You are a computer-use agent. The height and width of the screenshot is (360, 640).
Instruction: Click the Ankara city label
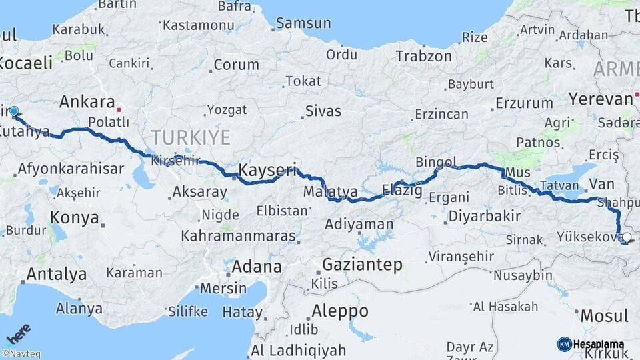coord(87,102)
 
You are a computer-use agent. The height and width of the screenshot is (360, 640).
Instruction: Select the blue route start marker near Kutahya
coord(14,111)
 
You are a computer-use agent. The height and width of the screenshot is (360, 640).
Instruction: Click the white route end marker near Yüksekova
coord(626,237)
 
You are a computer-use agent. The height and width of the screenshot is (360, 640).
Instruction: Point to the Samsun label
coord(303,23)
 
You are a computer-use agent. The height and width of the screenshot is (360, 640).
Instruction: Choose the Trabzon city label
coord(423,56)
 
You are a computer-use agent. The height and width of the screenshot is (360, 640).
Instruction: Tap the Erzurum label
coord(524,103)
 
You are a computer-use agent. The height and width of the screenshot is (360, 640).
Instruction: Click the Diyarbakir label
coord(484,216)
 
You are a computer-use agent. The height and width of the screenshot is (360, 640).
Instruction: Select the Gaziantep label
coord(362,265)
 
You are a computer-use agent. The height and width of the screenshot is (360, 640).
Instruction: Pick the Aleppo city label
coord(339,311)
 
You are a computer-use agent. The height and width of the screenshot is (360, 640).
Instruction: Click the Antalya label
coord(56,273)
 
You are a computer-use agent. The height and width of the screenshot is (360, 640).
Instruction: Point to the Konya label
coord(75,217)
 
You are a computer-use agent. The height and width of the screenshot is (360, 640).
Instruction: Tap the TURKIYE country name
coord(190,138)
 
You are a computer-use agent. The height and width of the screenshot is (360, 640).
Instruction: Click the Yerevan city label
coord(600,99)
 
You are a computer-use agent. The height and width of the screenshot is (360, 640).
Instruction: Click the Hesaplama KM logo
coord(591,344)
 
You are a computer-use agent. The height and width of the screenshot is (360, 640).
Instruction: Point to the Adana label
coord(257,267)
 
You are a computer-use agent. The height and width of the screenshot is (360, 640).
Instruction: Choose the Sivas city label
coord(323,111)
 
